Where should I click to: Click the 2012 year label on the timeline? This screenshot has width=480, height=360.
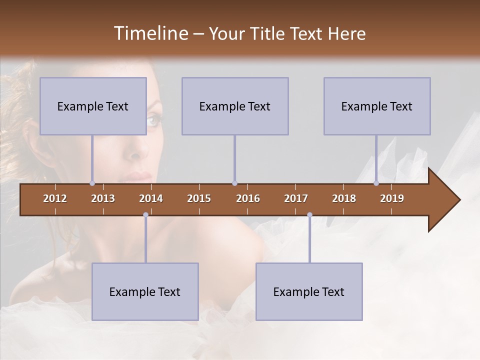pyautogui.click(x=55, y=198)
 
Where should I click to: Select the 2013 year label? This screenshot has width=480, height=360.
pyautogui.click(x=103, y=198)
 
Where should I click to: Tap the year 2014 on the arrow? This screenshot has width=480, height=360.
pyautogui.click(x=151, y=198)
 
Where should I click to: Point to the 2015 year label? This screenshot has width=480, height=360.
pyautogui.click(x=199, y=198)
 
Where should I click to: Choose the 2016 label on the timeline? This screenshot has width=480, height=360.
pyautogui.click(x=248, y=198)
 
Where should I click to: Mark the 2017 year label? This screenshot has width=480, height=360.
pyautogui.click(x=296, y=198)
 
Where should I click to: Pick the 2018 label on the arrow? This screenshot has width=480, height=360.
pyautogui.click(x=344, y=198)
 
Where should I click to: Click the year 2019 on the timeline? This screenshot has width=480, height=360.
pyautogui.click(x=392, y=198)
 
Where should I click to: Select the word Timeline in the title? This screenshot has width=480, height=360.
pyautogui.click(x=150, y=33)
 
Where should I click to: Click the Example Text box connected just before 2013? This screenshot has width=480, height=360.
pyautogui.click(x=93, y=106)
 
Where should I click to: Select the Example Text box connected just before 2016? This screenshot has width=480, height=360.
pyautogui.click(x=235, y=106)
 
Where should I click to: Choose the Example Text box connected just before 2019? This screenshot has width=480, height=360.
pyautogui.click(x=377, y=106)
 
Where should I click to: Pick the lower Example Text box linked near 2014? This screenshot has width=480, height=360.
pyautogui.click(x=145, y=291)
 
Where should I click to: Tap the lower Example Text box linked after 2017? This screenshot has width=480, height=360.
pyautogui.click(x=309, y=291)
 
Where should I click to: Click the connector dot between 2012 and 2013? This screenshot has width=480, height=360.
pyautogui.click(x=92, y=183)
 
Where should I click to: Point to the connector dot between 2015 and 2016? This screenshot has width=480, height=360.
pyautogui.click(x=234, y=183)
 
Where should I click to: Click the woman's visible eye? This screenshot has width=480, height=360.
pyautogui.click(x=154, y=120)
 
